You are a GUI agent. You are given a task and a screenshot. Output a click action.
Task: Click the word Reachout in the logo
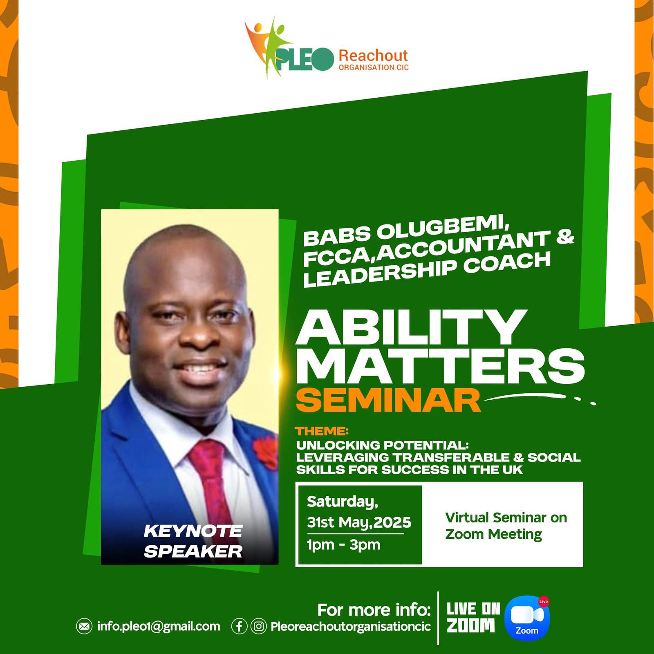tap(373, 55)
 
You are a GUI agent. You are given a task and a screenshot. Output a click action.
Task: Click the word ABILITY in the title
tap(411, 328)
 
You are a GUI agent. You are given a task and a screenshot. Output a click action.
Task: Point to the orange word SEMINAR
tap(388, 400)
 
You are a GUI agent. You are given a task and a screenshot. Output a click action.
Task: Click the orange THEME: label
tap(322, 431)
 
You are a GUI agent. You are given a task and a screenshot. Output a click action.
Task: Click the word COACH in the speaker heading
tap(507, 264)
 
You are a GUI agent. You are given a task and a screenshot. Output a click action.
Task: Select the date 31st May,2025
tap(359, 522)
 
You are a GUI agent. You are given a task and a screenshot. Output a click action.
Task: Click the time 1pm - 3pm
tap(343, 545)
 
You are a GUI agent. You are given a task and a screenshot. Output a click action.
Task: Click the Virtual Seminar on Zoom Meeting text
tap(506, 526)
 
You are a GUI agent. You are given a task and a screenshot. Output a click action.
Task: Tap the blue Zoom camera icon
tap(527, 618)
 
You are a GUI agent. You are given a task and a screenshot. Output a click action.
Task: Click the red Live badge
tap(543, 602)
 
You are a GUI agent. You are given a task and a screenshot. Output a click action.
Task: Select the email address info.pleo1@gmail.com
tap(159, 626)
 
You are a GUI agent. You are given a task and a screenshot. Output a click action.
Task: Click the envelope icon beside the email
tap(84, 626)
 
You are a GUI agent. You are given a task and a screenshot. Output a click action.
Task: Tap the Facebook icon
tap(239, 626)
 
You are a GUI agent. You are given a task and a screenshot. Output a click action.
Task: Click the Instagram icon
tap(259, 626)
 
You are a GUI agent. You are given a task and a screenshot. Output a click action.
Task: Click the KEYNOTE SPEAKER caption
tap(193, 541)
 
